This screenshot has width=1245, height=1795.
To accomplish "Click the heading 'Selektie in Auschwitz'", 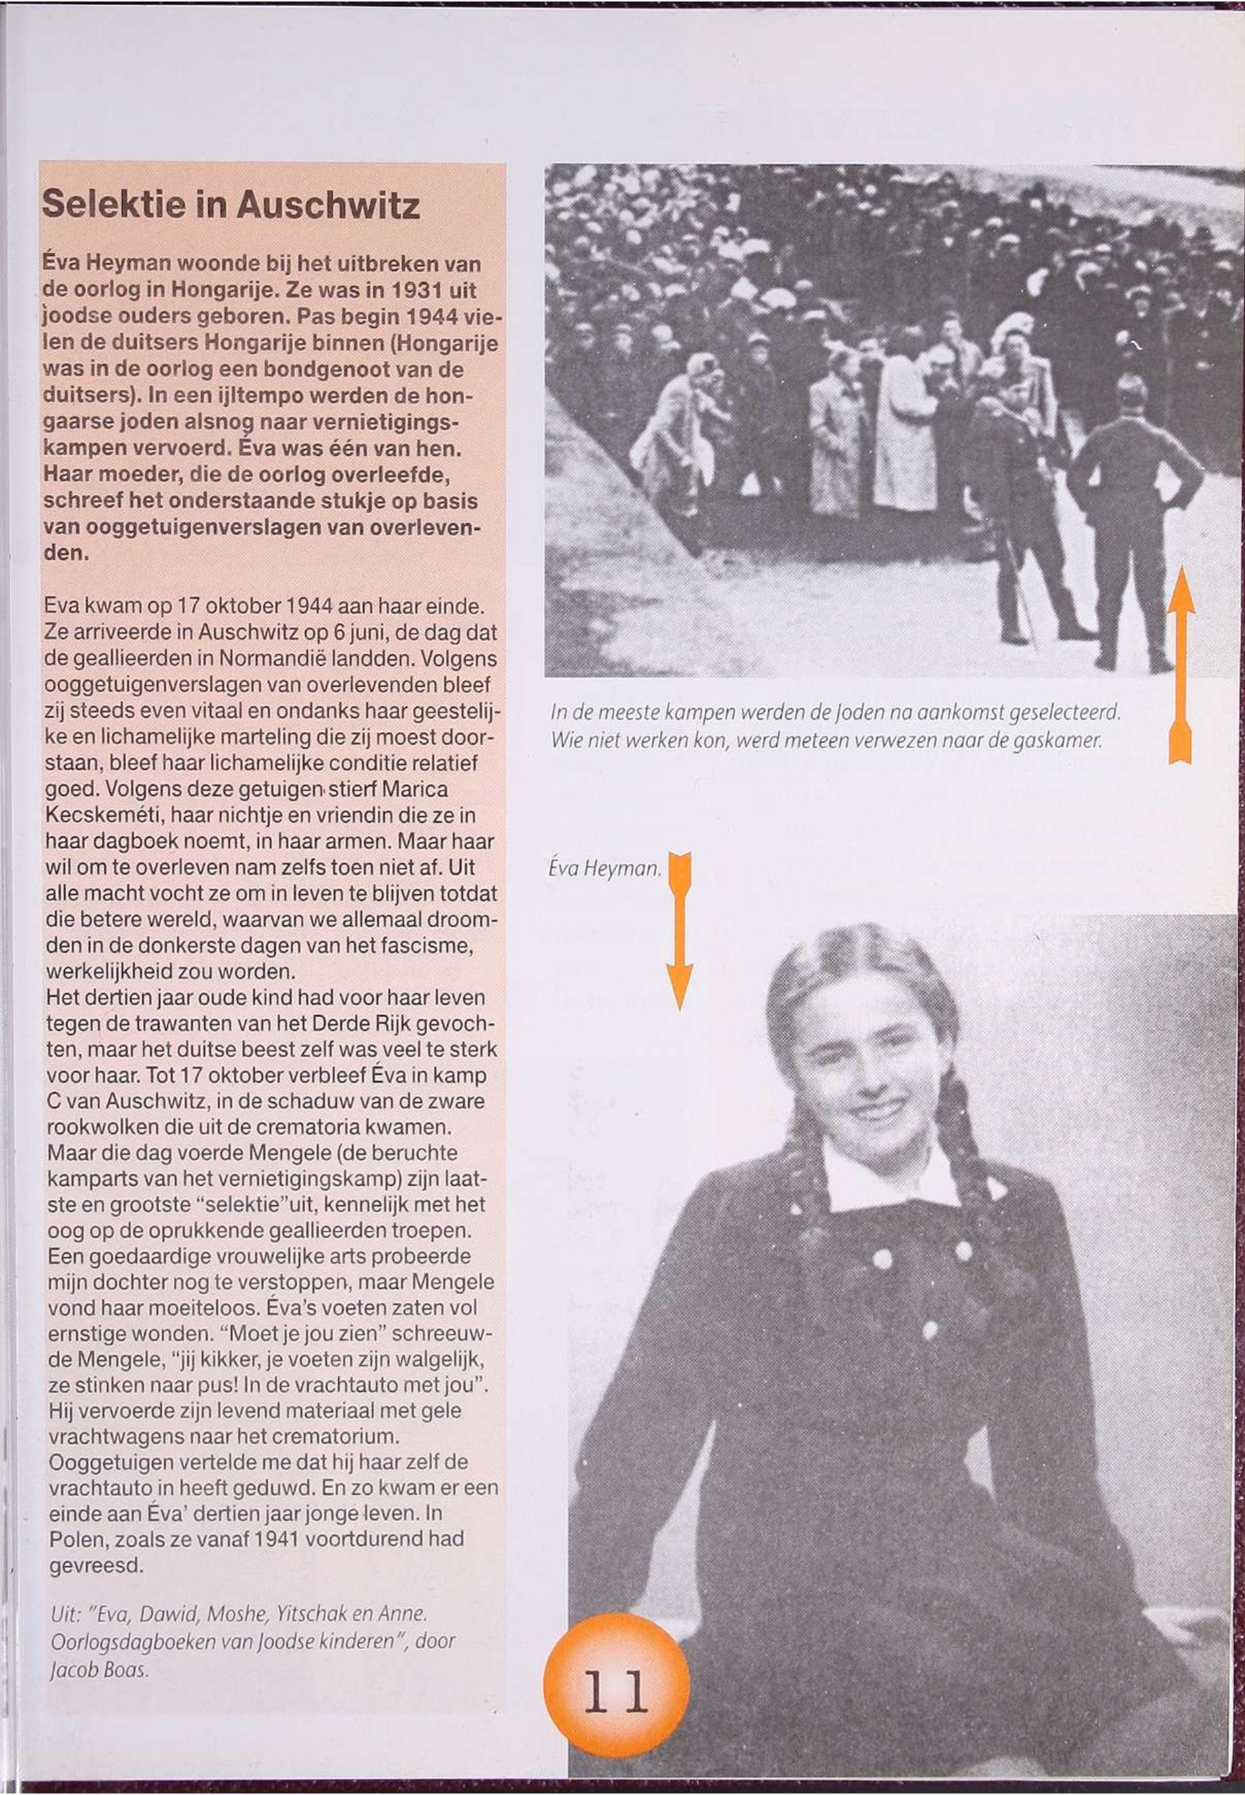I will [x=231, y=204].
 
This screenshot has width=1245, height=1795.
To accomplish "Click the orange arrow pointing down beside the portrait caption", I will [x=680, y=931].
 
